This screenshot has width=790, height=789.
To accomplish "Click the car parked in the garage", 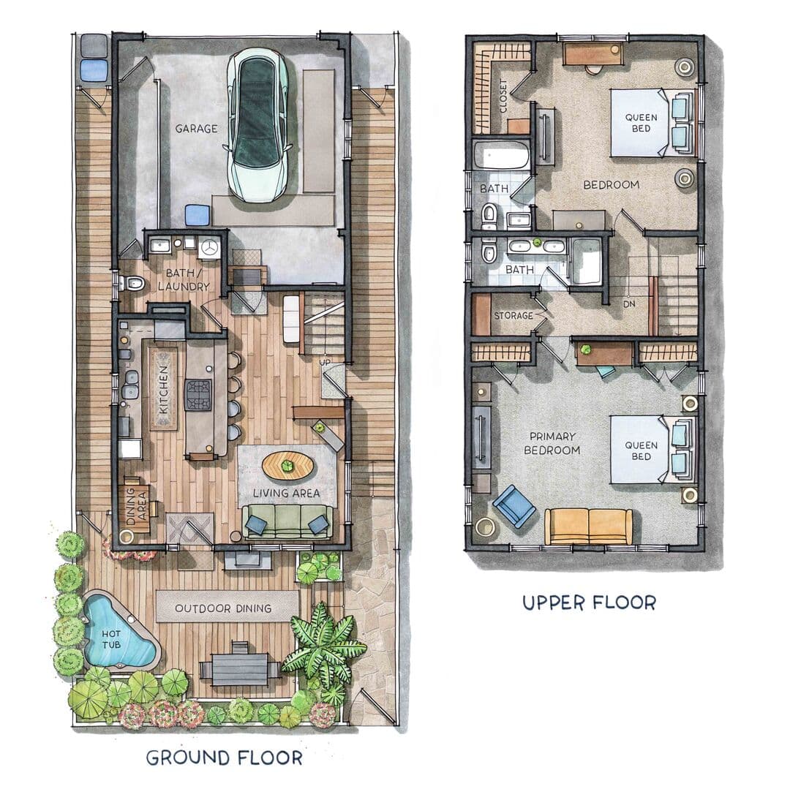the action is (257, 125).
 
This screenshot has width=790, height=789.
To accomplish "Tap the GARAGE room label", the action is (197, 129).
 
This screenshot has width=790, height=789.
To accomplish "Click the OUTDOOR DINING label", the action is (223, 608).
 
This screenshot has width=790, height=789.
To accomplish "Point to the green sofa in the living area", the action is (287, 523).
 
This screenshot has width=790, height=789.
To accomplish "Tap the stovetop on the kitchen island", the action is (198, 395).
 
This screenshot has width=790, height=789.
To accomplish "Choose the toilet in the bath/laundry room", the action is (131, 284).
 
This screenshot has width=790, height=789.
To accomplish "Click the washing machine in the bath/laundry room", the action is (209, 247).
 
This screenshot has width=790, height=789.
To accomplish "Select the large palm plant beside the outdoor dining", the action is (323, 645).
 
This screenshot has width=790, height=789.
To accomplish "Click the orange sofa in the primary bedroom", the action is (588, 526).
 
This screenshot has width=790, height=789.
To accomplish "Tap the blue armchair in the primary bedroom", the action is (514, 506).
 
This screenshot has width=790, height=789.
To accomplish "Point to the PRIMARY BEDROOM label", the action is (552, 443).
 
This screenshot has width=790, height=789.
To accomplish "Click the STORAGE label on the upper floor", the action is (513, 316).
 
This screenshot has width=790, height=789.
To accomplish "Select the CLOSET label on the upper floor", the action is (503, 96).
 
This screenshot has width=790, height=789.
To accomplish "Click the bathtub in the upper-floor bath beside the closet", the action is (502, 154).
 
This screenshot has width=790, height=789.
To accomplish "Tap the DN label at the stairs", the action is (629, 304).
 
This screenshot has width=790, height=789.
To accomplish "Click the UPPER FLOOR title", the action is (589, 603).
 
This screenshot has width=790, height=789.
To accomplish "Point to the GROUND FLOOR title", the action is (225, 758).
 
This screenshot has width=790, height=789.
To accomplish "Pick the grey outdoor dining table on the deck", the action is (240, 669).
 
